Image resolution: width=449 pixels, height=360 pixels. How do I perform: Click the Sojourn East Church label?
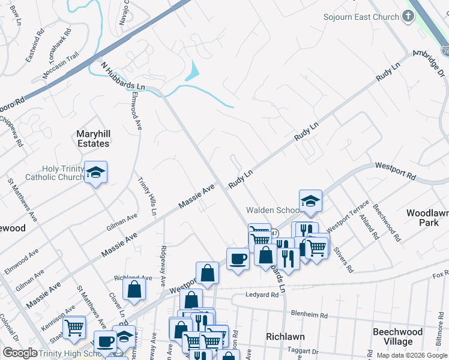coord(361,17)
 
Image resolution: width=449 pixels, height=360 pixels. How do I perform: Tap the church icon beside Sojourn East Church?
coord(408,16)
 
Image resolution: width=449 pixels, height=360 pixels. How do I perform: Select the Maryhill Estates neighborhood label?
coord(93,138)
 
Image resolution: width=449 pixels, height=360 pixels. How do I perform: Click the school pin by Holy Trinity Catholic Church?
coord(95,172)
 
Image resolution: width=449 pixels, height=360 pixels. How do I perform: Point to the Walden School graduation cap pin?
coord(310,201)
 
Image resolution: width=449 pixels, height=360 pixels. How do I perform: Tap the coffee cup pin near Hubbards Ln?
coord(238,259)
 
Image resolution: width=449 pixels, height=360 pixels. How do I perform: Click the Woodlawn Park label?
coord(426,218)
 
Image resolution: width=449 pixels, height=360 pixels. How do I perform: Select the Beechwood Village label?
coord(397,337)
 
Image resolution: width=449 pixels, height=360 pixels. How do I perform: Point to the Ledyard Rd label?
coord(262,295)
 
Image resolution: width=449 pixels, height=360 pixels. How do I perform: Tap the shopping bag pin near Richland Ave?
coord(134,289)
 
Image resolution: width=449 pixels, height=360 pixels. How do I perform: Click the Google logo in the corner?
coord(20,353)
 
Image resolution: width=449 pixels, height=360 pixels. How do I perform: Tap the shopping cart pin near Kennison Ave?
coord(74,327)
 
